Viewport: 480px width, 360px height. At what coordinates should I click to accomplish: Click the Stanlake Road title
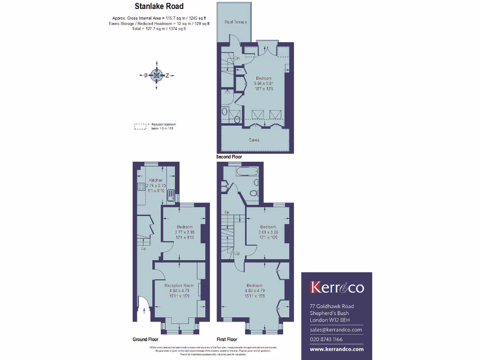[159, 7]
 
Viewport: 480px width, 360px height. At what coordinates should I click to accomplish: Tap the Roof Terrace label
[235, 22]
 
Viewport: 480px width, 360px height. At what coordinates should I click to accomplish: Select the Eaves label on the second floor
[255, 140]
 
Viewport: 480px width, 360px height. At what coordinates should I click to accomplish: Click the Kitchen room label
[156, 180]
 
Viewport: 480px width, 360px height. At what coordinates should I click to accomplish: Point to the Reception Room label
[179, 285]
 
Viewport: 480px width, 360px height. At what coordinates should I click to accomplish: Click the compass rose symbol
[156, 75]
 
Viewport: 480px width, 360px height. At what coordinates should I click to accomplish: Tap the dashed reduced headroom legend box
[140, 126]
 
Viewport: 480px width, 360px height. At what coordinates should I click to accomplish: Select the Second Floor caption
[229, 157]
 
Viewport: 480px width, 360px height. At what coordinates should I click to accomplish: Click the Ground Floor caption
[145, 339]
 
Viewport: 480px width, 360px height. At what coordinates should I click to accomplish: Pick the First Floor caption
[227, 339]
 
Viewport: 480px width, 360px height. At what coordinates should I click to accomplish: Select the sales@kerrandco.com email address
[336, 330]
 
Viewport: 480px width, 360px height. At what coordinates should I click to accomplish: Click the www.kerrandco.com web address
[337, 349]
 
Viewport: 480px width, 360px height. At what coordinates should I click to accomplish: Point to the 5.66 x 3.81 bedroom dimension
[263, 83]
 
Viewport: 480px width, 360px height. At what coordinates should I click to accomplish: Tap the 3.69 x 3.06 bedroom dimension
[268, 232]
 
